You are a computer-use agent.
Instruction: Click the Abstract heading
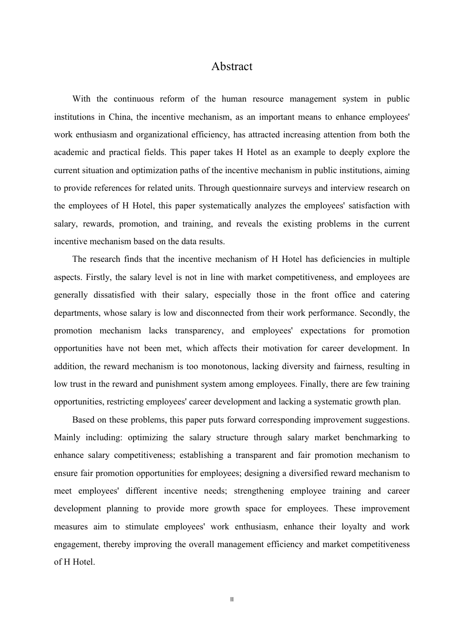[x=232, y=67]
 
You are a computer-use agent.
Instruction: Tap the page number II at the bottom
[x=232, y=600]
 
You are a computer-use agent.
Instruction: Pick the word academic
[x=71, y=152]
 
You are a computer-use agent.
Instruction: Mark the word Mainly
[x=67, y=437]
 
